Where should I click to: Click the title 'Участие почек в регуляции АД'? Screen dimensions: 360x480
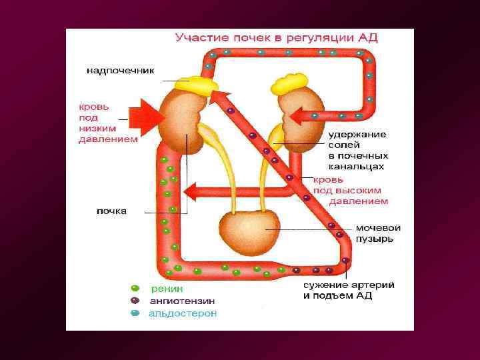[x=276, y=38]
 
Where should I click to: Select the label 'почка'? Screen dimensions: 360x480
[x=111, y=211]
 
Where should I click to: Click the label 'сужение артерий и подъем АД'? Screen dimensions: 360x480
[x=348, y=290]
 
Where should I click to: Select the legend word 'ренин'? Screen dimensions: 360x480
[x=167, y=289]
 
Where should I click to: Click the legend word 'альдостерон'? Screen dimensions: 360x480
[x=183, y=313]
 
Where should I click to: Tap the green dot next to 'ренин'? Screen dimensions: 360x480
[x=135, y=289]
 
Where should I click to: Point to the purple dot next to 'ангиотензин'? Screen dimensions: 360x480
[x=135, y=301]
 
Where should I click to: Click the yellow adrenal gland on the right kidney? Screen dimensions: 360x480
[x=287, y=85]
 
